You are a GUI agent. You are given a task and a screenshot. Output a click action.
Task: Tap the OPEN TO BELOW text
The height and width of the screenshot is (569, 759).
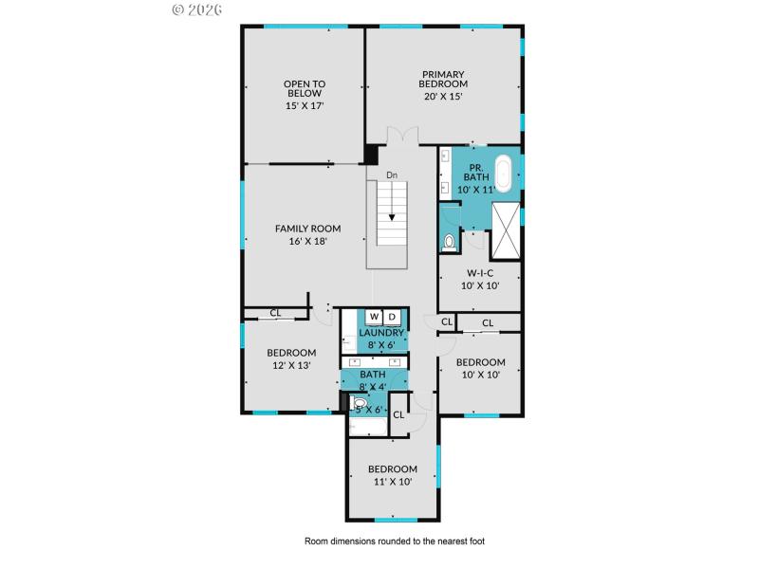coord(305,95)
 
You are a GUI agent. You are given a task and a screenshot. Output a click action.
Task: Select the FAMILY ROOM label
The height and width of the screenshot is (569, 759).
coord(307,234)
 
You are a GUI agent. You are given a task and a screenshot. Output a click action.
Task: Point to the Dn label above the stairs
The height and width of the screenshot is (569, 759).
coord(392,174)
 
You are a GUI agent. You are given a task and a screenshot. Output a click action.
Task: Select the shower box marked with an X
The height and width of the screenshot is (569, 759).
coord(506,230)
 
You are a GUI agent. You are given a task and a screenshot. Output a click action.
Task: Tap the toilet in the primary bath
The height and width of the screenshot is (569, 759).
coord(450,243)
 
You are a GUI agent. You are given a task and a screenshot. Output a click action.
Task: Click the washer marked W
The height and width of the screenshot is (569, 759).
coord(374,317)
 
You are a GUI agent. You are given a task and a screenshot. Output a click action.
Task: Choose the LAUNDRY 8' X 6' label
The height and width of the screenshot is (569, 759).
coord(381,339)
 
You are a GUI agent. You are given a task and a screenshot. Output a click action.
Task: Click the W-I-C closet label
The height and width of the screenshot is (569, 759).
coord(479,278)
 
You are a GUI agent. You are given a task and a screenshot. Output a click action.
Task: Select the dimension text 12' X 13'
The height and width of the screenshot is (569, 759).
coord(291,364)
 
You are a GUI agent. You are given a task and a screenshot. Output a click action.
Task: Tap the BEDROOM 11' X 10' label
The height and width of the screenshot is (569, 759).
coord(393,474)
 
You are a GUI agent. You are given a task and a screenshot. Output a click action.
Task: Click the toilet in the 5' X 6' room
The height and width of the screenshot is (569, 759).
coord(360,407)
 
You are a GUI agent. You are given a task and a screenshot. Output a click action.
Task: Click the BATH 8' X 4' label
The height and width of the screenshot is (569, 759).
coord(373,381)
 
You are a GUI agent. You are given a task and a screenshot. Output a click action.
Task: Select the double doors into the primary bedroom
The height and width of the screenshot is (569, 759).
coord(400,136)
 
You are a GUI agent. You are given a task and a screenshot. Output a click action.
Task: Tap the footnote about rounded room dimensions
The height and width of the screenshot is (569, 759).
coord(394,541)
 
